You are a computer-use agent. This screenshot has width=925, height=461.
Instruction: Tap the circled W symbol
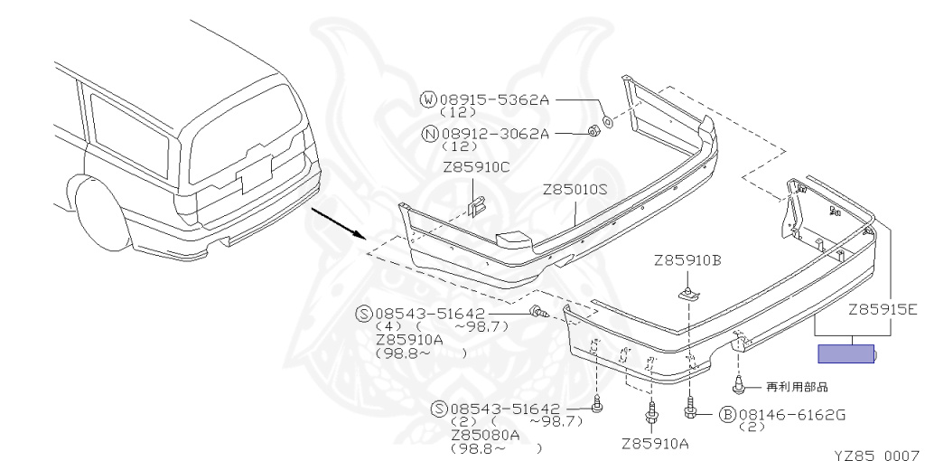(428, 99)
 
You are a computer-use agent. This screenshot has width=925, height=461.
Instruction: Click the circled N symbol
(430, 134)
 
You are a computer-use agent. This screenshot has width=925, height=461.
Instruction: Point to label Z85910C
(476, 167)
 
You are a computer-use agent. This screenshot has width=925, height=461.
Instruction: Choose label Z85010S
(575, 190)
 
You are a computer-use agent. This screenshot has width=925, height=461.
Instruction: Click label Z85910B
(687, 260)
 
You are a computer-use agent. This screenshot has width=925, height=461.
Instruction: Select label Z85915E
(883, 309)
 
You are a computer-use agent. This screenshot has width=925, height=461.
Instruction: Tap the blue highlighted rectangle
(846, 354)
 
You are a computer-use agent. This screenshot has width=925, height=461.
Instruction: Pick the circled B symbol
(727, 415)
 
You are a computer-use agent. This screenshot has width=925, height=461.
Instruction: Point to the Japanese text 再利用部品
(797, 387)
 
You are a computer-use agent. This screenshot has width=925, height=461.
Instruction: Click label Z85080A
(485, 436)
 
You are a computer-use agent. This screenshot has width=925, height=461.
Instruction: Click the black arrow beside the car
(339, 222)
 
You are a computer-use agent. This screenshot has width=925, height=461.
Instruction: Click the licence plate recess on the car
(254, 174)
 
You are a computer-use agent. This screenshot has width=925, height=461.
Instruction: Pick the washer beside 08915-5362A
(608, 122)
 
